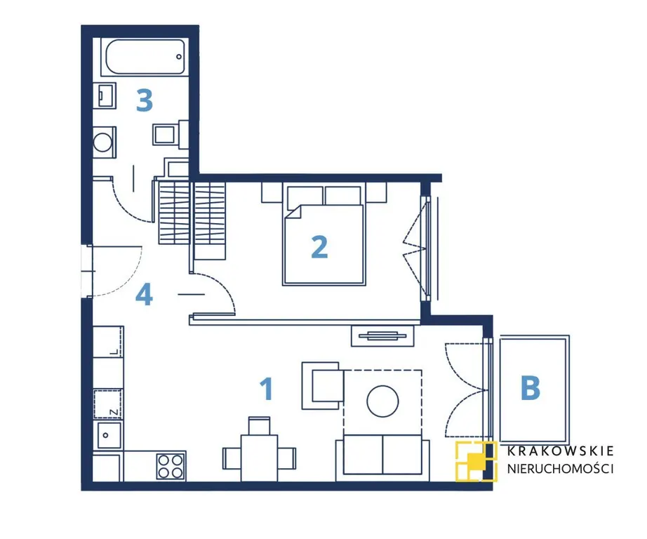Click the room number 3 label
tap(145, 101)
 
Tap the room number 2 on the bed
tap(319, 247)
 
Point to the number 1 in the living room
tap(267, 389)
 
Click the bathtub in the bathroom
tap(145, 57)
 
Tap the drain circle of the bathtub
tap(179, 57)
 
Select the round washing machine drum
tap(102, 142)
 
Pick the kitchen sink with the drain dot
tap(109, 435)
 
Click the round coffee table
tap(382, 401)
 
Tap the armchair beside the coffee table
tap(323, 386)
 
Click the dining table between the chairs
tap(259, 458)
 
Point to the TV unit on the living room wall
tap(382, 336)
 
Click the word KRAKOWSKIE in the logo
tap(561, 451)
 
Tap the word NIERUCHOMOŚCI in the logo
tap(561, 469)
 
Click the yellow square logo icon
tap(475, 462)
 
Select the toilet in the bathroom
tap(169, 134)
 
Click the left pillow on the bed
tap(305, 196)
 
